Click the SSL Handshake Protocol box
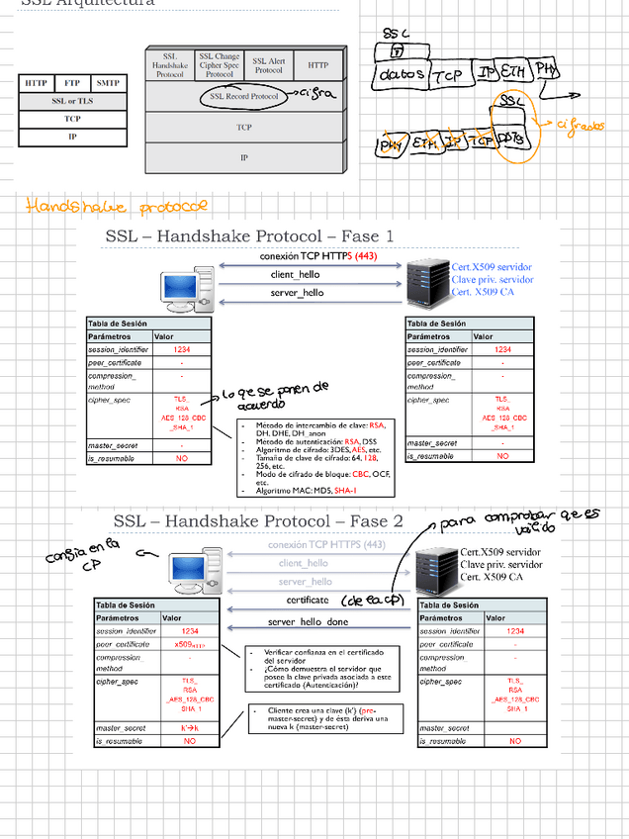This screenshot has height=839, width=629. click(170, 65)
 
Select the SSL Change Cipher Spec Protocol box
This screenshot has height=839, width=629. click(219, 65)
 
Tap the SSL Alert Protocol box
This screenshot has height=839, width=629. click(268, 65)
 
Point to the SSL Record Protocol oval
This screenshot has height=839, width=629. click(244, 97)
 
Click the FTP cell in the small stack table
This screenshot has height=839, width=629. click(72, 83)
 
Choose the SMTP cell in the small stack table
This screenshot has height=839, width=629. click(107, 83)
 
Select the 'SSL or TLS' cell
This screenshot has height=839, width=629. click(72, 101)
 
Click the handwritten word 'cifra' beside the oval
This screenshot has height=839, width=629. click(316, 95)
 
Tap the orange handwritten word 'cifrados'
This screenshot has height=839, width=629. click(580, 126)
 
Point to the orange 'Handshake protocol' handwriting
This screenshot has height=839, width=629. click(117, 207)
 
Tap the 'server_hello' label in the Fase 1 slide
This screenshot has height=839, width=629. click(297, 293)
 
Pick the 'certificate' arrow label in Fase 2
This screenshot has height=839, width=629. click(308, 600)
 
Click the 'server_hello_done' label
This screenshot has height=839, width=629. click(308, 622)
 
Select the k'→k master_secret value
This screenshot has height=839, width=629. click(189, 728)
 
